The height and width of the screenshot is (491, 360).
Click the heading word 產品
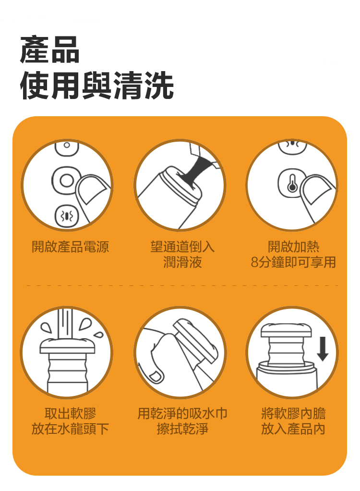coord(50,49)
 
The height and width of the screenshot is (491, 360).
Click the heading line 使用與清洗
coord(97,85)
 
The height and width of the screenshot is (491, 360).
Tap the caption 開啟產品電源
coord(71,247)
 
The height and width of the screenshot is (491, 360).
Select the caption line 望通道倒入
coord(183,247)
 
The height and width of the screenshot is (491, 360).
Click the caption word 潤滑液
coord(183,262)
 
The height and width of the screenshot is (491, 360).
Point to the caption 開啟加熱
coord(293,247)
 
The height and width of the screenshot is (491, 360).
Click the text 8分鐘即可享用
coord(293,262)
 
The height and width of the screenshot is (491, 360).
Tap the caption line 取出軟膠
coord(71,413)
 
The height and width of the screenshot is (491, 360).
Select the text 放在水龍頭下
coord(71,429)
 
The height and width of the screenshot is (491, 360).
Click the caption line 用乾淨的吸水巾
coord(183,413)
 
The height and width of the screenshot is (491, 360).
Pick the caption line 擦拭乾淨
coord(183,429)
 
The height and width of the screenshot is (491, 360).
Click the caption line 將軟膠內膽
coord(293,413)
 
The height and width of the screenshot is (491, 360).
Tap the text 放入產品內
coord(293,429)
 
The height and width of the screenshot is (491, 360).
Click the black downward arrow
coord(323,349)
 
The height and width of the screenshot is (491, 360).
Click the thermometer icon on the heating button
coord(292,184)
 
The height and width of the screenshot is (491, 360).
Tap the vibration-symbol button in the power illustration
coord(66,216)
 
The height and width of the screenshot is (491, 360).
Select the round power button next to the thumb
coord(66,180)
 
